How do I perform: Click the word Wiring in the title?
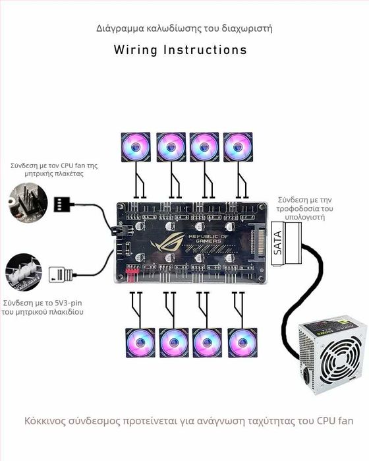(x=134, y=50)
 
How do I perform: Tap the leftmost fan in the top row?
(x=135, y=147)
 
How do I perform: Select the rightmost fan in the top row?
(x=238, y=147)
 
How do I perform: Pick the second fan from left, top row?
(x=171, y=147)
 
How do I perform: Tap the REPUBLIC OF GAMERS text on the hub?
(x=209, y=240)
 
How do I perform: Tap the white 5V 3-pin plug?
(x=57, y=272)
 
